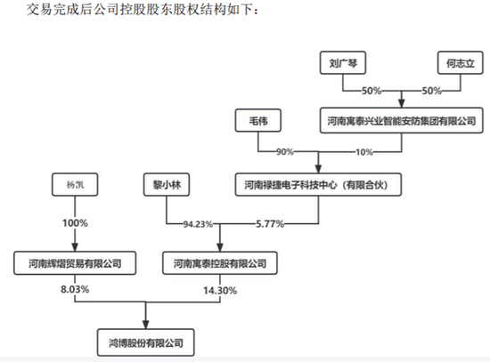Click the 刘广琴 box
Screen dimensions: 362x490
pyautogui.click(x=343, y=63)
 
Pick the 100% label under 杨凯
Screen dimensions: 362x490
pyautogui.click(x=75, y=223)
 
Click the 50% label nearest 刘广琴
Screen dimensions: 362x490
pyautogui.click(x=372, y=92)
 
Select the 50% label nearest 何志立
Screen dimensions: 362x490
pyautogui.click(x=432, y=92)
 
